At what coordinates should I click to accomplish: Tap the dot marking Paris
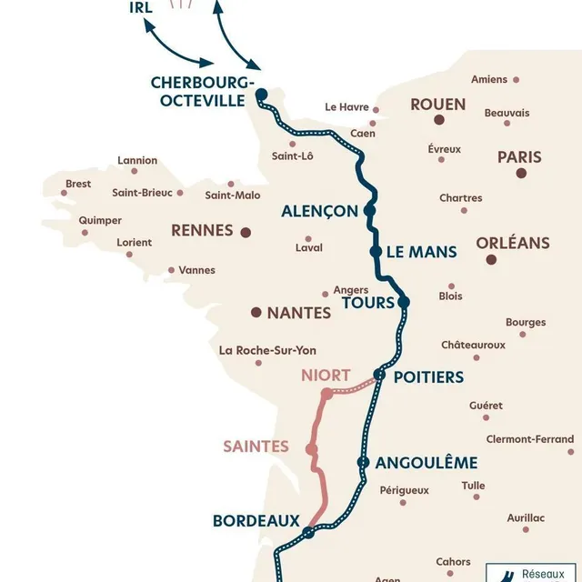pos(521,173)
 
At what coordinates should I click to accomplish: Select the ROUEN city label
pos(437,105)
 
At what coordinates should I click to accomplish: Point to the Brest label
pos(78,184)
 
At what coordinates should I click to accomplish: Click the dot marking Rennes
pos(245,232)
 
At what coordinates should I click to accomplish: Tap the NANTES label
pos(298,313)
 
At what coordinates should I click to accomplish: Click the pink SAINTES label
pos(256,447)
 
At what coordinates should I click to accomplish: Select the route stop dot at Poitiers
pos(379,375)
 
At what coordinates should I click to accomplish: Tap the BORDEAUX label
pos(256,521)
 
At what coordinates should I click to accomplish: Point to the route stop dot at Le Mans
pos(375,252)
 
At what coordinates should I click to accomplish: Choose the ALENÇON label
pos(319,211)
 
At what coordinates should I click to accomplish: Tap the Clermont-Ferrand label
pos(530,439)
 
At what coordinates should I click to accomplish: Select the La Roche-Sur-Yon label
pos(267,350)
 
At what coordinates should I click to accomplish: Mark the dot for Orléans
pos(491,260)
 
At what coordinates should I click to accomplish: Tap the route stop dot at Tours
pos(404,302)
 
